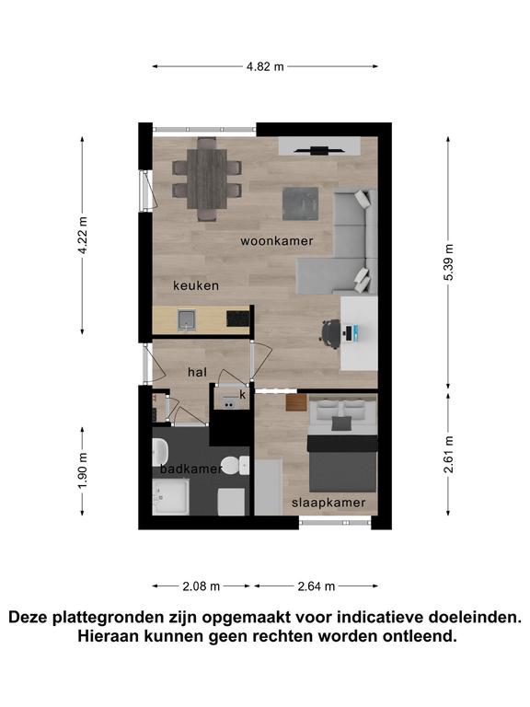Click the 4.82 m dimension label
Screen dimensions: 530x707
[265, 66]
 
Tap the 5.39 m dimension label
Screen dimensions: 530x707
[448, 262]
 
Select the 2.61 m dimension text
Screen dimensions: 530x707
[448, 454]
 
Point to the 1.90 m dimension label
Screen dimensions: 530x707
[83, 470]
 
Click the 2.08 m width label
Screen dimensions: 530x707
[201, 586]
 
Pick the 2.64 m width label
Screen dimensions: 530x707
[317, 586]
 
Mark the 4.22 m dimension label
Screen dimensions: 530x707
[83, 235]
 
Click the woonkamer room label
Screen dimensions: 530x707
[277, 241]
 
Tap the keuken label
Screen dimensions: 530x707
[196, 285]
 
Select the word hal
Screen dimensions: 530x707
[198, 372]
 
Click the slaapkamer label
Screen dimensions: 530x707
[328, 503]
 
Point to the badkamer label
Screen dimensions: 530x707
[191, 469]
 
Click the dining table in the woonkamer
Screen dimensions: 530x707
[207, 179]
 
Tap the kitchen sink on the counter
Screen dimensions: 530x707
[186, 319]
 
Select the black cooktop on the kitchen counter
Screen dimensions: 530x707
[238, 319]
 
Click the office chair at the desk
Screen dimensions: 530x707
[331, 333]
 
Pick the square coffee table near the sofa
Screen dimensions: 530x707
[301, 203]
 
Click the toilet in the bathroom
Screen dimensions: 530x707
[236, 465]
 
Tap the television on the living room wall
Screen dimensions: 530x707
[319, 151]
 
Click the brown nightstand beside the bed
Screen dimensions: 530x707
[296, 402]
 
